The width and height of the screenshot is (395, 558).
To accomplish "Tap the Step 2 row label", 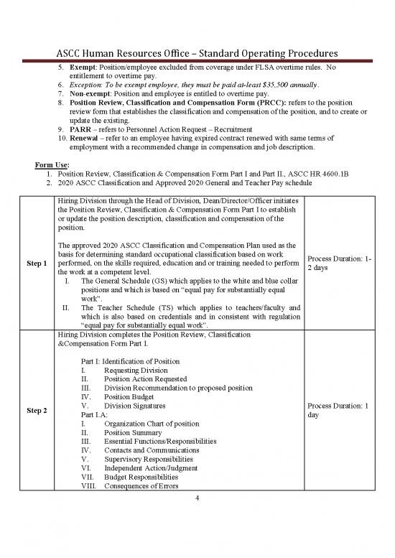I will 36,411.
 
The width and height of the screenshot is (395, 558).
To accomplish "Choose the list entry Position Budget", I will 135,396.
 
